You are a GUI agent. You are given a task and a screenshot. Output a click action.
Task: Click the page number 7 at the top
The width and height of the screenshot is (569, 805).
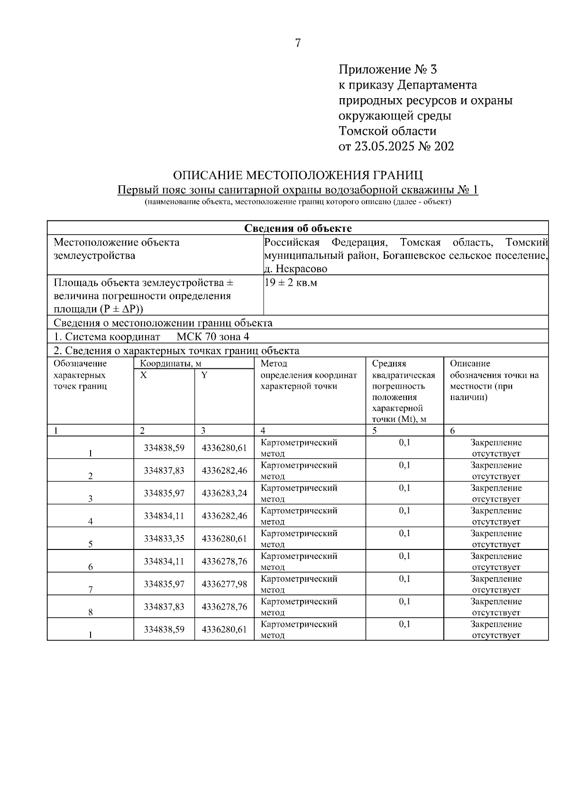coord(298,43)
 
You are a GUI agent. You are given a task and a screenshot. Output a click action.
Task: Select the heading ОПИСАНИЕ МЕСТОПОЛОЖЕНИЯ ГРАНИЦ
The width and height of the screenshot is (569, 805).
coord(298,175)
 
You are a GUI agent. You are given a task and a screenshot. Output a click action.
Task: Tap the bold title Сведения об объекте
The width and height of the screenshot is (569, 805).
coord(298,229)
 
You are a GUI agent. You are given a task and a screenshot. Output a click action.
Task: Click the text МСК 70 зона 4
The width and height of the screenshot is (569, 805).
coord(213,337)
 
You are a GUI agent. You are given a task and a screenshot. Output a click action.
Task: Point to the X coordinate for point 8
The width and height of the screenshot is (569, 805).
coord(164,607)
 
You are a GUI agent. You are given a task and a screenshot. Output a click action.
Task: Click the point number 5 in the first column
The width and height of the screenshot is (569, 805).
coord(90,544)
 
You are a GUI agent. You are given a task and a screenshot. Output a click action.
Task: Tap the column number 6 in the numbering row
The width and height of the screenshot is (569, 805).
coord(452,430)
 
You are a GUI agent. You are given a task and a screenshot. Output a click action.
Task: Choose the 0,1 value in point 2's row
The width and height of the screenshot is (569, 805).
coord(404,465)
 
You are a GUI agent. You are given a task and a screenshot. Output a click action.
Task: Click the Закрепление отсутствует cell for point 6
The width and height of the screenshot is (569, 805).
coord(496,561)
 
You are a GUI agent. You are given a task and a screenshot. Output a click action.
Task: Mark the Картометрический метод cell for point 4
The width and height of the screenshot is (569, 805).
coord(299,516)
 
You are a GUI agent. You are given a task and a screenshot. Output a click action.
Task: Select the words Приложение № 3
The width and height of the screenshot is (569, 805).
coord(387,70)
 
